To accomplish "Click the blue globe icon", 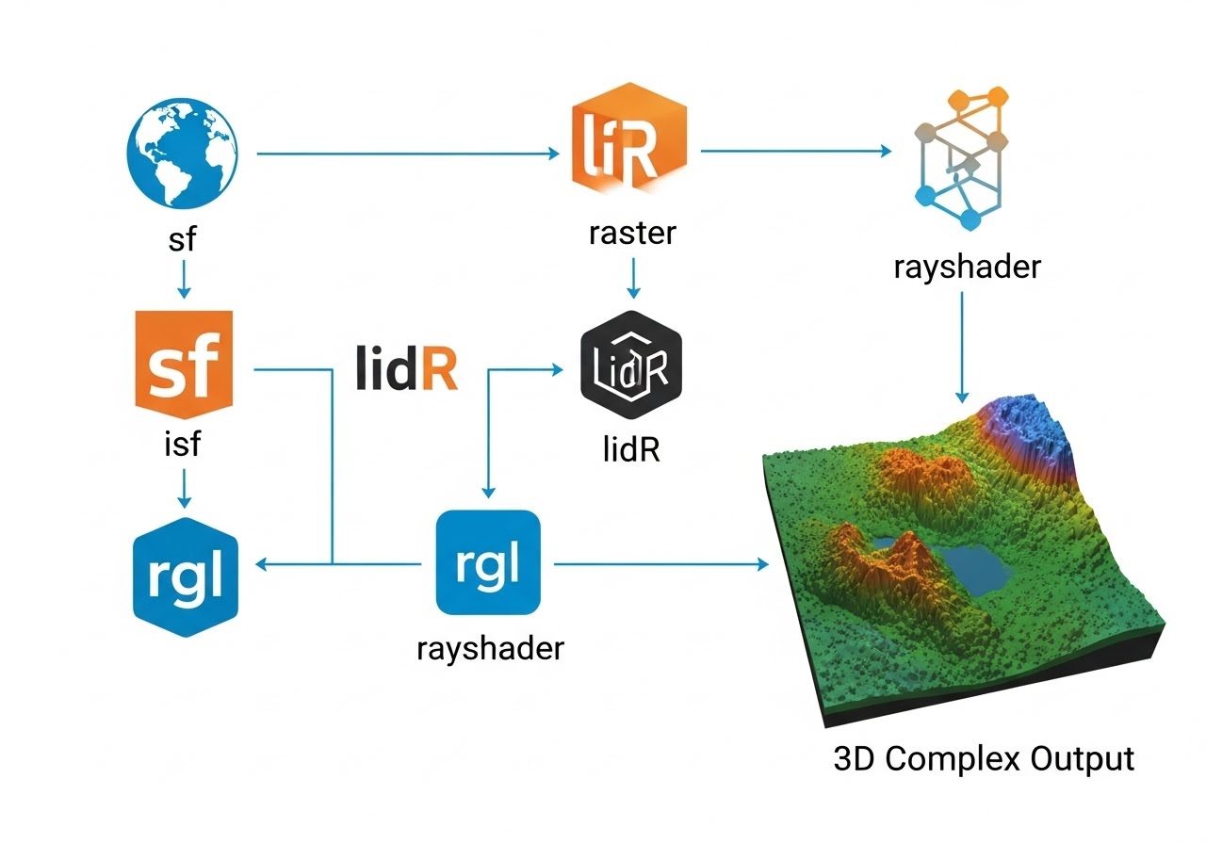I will (182, 156).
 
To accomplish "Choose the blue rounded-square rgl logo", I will (488, 562).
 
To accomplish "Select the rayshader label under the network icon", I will (967, 267).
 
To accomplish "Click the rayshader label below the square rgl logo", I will (490, 648).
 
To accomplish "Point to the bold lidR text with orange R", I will (407, 371).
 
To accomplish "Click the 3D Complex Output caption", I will (984, 759).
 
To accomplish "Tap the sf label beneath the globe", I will (183, 238).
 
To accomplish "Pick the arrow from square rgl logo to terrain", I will (660, 563).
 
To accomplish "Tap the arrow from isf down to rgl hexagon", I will (185, 486).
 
